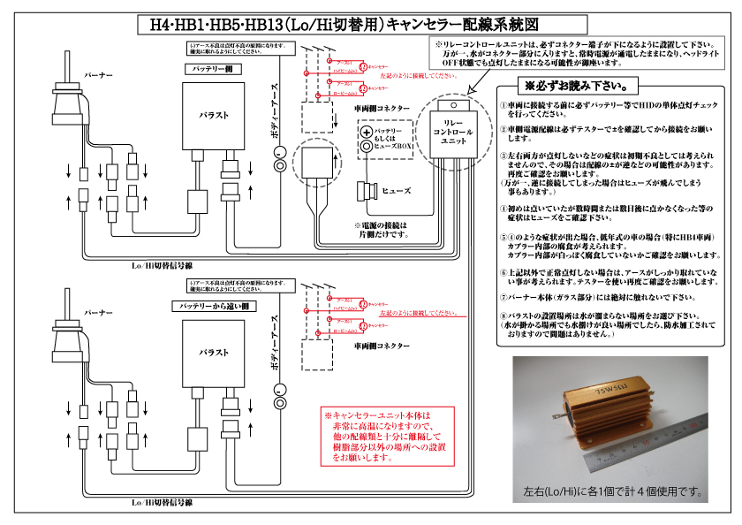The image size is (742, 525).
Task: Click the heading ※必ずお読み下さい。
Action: [x=577, y=87]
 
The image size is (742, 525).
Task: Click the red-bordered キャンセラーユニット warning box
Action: [x=389, y=437]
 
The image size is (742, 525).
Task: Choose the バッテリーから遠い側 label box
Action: [x=214, y=305]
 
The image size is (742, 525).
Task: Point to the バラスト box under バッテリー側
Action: [x=214, y=116]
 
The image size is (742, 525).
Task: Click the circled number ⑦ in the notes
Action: [x=503, y=297]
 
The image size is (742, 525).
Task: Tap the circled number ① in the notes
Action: [x=503, y=103]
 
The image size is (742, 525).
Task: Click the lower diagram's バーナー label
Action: [x=98, y=313]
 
